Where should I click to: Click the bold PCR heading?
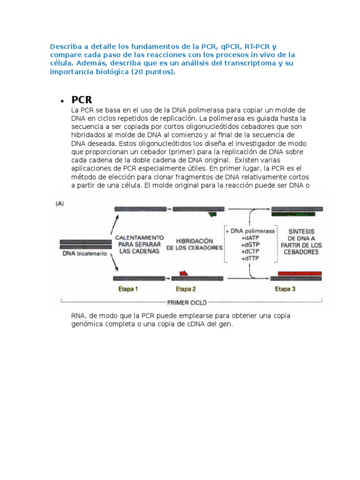[x=82, y=100]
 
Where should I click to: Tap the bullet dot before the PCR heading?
[x=62, y=101]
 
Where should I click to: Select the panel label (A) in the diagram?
[x=60, y=203]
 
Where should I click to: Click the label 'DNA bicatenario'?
[x=84, y=254]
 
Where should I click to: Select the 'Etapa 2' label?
[x=185, y=289]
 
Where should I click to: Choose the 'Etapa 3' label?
[x=285, y=289]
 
